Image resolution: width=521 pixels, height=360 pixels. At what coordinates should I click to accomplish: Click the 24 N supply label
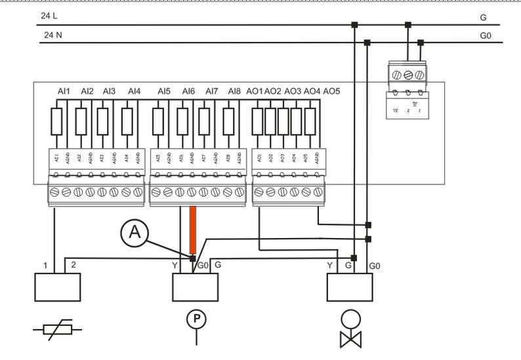[x=52, y=34]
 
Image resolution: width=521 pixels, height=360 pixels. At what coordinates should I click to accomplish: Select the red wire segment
[x=193, y=230]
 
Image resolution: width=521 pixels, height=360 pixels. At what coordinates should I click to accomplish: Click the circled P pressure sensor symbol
[x=196, y=319]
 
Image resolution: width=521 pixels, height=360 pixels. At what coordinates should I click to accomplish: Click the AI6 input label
[x=188, y=91]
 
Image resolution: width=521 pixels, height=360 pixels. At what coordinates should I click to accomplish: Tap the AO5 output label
[x=331, y=91]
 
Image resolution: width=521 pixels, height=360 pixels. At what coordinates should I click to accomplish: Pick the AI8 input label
[x=234, y=91]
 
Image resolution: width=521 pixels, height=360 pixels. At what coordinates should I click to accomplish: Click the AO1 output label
[x=255, y=91]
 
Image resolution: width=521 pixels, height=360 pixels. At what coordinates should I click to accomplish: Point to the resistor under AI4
[x=127, y=121]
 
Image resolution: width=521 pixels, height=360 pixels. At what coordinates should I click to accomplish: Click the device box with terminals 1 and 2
[x=57, y=287]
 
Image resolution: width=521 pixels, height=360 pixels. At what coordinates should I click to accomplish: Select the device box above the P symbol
[x=195, y=287]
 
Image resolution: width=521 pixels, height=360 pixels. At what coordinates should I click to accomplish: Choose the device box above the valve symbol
[x=350, y=287]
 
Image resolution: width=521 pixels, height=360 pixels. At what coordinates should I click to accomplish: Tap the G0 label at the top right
[x=485, y=36]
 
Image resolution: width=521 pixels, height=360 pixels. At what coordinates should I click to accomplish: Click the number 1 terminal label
[x=45, y=266]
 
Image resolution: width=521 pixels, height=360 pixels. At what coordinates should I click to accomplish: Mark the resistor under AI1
[x=56, y=121]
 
